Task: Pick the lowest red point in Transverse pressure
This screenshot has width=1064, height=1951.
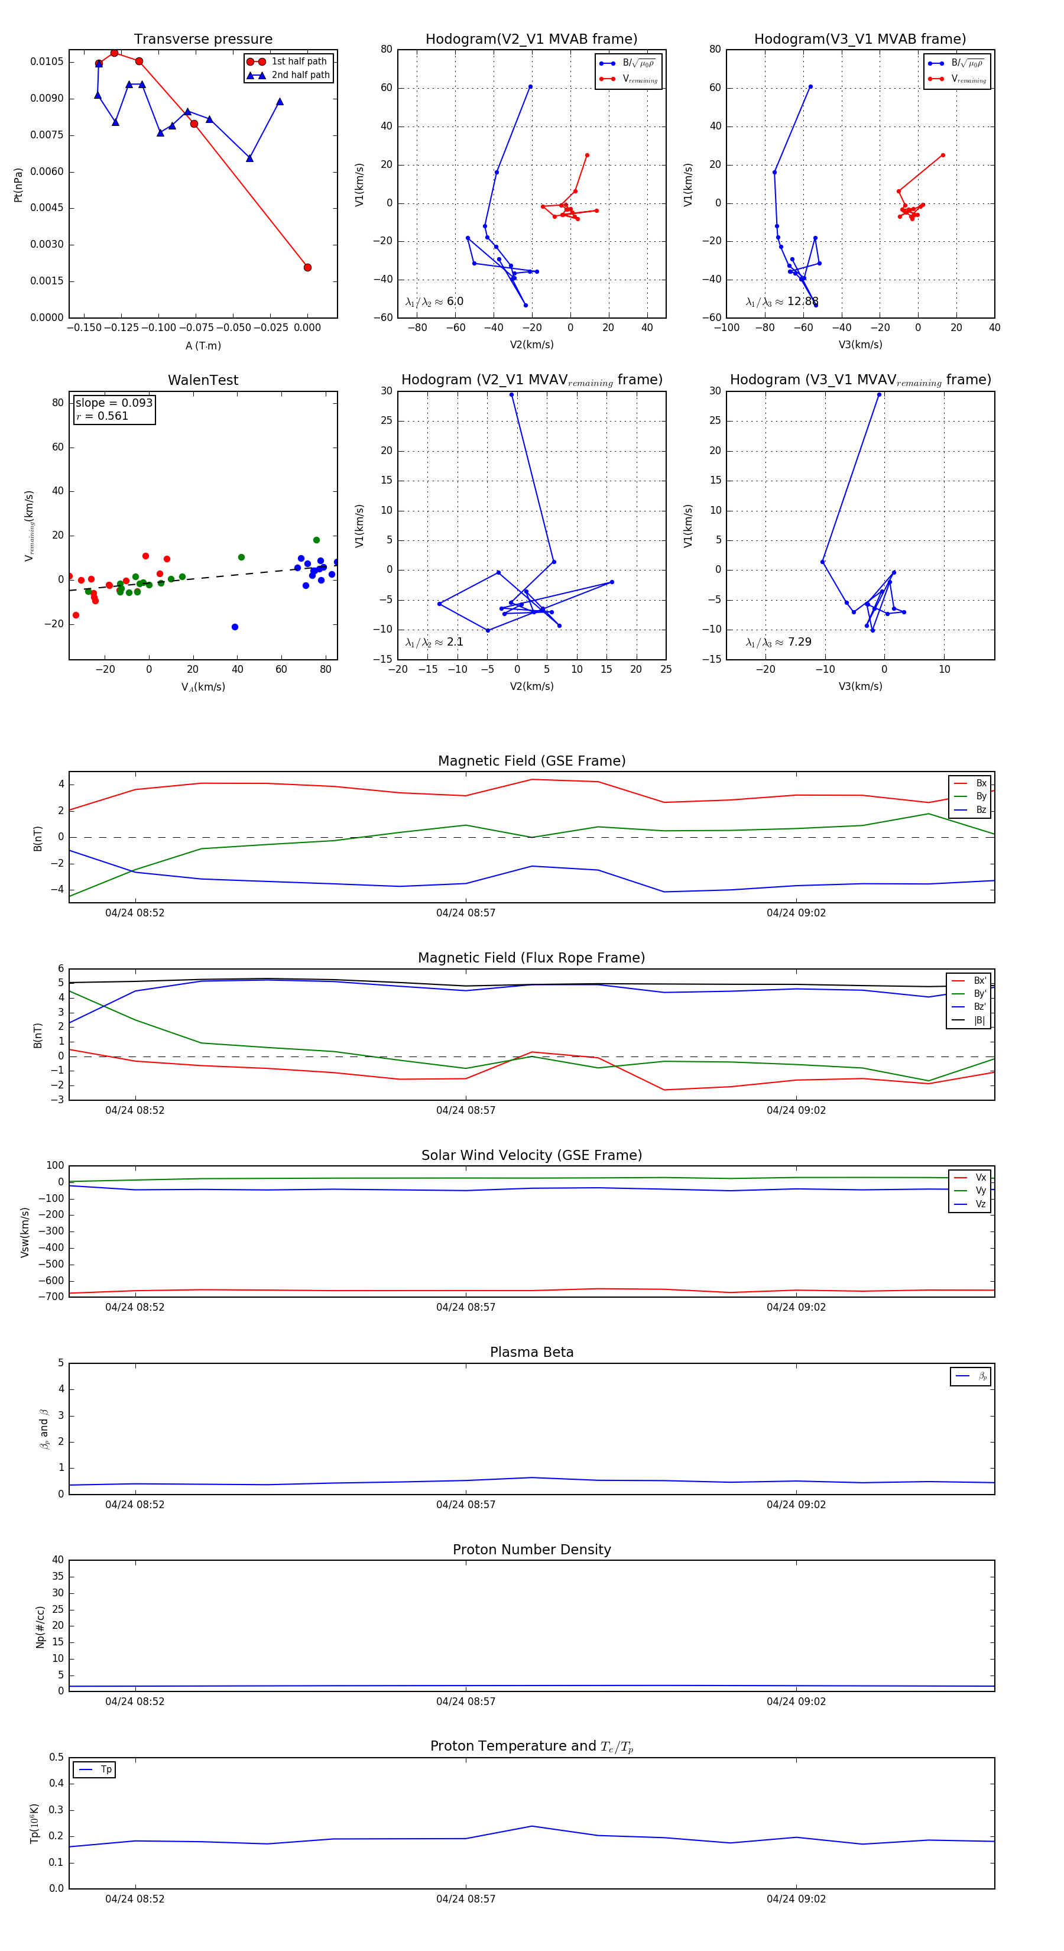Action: coord(307,267)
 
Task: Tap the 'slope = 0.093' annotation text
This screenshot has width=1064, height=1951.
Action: coord(113,403)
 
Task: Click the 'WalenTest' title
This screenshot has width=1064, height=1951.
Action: coord(203,380)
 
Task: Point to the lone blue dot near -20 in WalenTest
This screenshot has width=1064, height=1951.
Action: coord(235,627)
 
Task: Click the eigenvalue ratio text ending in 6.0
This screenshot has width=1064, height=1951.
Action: coord(434,302)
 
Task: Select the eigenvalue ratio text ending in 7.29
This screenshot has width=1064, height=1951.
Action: coord(778,642)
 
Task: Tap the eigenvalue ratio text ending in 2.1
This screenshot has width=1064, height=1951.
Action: coord(434,642)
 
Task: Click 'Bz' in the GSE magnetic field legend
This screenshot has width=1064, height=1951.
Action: coord(981,809)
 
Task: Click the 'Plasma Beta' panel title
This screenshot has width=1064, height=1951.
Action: coord(531,1352)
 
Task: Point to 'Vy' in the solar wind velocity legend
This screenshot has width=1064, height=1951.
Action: coord(981,1191)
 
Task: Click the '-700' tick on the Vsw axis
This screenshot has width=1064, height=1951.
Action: coord(54,1297)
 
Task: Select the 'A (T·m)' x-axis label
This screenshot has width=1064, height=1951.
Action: coord(203,345)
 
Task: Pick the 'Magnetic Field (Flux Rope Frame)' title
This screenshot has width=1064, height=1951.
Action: coord(531,958)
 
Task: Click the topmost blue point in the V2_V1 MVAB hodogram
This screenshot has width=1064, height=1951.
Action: coord(530,87)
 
